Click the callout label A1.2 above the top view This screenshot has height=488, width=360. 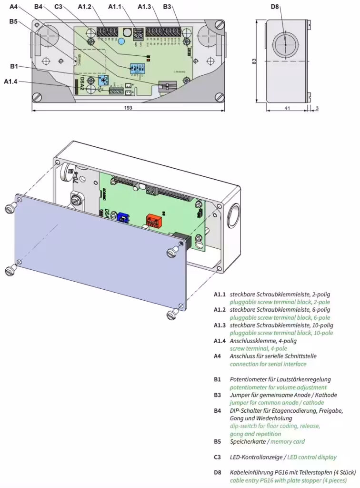coord(85,7)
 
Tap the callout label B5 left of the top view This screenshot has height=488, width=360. coord(13,21)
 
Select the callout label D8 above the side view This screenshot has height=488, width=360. coord(275,7)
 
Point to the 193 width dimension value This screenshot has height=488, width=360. coord(128,108)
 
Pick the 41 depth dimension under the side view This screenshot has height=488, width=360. coord(287,108)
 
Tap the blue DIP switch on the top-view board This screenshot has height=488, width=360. coord(137,68)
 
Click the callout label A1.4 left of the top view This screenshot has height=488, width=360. coord(10,82)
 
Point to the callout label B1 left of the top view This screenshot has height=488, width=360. coord(13,66)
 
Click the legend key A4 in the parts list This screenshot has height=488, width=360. coord(218,356)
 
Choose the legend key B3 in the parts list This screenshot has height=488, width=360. coord(218,395)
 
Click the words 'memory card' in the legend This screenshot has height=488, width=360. coord(288,441)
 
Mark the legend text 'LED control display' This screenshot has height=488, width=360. coord(311,457)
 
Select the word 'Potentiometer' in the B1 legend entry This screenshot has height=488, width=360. coord(250,379)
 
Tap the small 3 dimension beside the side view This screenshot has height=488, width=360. coord(318,108)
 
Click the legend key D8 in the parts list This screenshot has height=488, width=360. coord(218,473)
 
